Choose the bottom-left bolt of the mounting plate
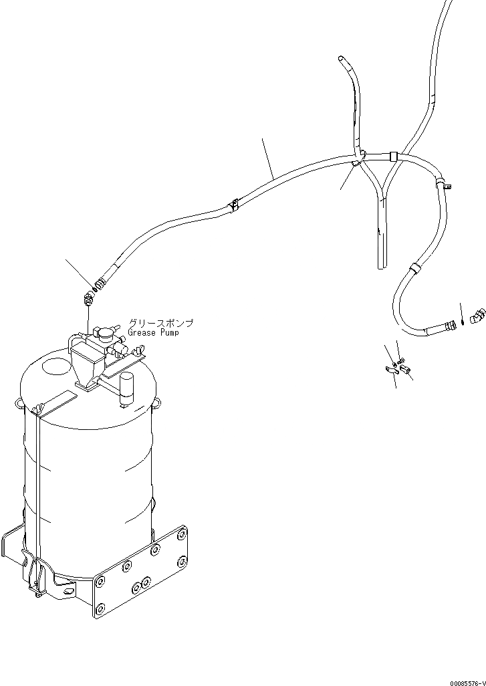(100, 609)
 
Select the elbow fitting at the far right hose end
(477, 315)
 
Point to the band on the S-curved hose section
(414, 269)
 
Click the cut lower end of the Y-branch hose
(382, 266)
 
